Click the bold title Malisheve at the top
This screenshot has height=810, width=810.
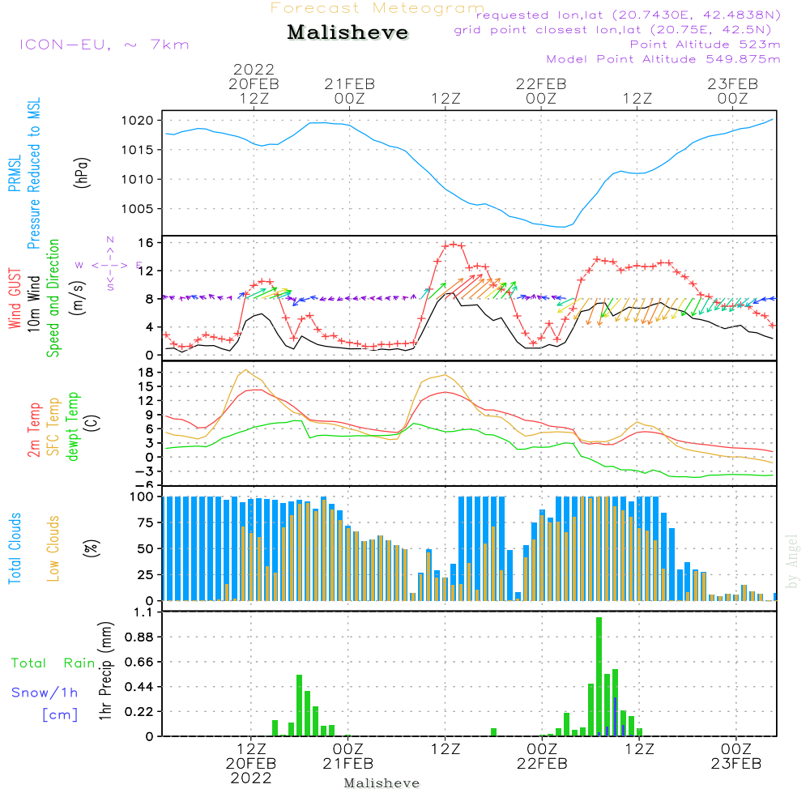pos(348,33)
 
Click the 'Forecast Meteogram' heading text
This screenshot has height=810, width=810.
pos(377,8)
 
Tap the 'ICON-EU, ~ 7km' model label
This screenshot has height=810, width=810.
pos(104,45)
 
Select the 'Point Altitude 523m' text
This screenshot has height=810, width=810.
pos(705,45)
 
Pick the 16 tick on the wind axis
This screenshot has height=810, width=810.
pos(147,243)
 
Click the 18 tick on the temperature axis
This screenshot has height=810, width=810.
pos(147,373)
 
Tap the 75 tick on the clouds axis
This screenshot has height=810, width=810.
pos(147,522)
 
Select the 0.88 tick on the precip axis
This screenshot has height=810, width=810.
pos(139,637)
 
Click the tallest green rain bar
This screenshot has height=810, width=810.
pos(599,676)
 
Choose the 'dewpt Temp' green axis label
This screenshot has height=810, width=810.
pos(73,427)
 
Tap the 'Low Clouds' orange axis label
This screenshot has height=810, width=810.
pos(53,548)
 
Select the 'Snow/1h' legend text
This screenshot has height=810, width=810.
pos(45,693)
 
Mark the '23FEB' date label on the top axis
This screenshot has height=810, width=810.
pos(732,83)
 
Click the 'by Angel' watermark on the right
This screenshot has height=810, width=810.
pos(793,561)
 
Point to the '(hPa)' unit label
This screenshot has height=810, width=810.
pos(81,172)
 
